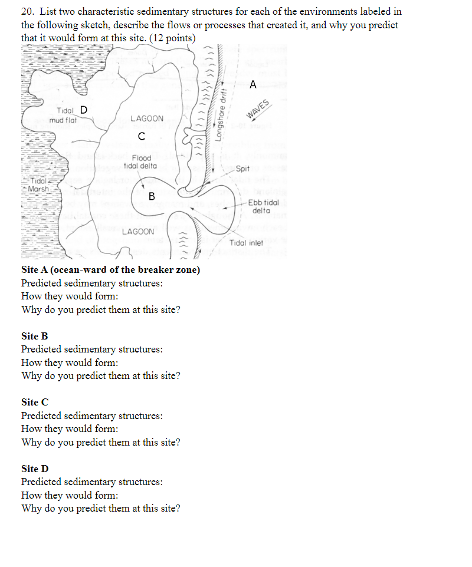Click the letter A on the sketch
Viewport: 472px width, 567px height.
[253, 85]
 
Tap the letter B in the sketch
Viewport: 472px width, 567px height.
[152, 196]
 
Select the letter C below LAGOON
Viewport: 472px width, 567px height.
[140, 137]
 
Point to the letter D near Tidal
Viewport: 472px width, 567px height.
[83, 110]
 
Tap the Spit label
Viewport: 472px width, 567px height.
[242, 169]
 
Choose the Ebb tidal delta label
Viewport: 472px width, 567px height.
[263, 206]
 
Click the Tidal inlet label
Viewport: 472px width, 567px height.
[247, 243]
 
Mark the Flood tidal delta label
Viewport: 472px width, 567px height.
[141, 161]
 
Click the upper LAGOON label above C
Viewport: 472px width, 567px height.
[147, 119]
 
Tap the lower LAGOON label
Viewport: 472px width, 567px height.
[138, 232]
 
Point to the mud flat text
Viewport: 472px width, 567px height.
[64, 120]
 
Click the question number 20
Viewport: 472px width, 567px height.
[27, 12]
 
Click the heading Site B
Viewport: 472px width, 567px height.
[34, 336]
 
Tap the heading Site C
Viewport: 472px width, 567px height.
[34, 403]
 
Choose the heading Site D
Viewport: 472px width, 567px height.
[35, 469]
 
